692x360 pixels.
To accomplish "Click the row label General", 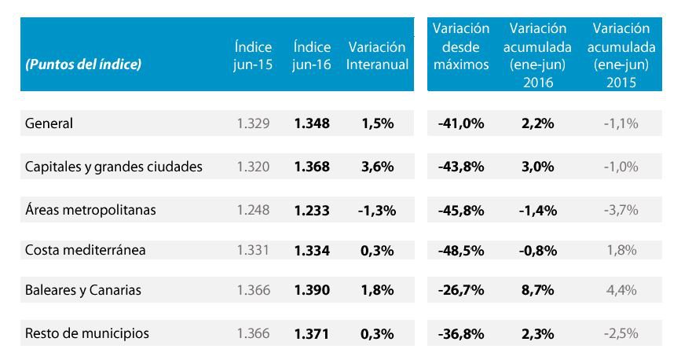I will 49,123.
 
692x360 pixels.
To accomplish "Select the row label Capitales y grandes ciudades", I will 114,167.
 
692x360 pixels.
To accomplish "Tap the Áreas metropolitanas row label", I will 90,210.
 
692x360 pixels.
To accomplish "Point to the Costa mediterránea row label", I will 86,250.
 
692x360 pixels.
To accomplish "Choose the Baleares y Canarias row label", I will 83,290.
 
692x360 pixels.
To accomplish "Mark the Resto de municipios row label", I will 87,333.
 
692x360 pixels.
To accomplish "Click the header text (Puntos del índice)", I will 83,64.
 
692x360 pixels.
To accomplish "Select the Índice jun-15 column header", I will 253,56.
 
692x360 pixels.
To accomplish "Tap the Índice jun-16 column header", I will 311,56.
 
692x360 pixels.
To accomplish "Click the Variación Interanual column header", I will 377,56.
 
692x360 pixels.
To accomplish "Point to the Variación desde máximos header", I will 461,46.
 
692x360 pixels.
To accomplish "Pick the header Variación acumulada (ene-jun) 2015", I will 621,55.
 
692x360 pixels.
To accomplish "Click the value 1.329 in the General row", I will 253,123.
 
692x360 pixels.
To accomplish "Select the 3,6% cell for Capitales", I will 377,167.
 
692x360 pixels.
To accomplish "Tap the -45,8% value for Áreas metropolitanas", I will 461,210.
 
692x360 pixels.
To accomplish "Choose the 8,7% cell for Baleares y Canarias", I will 537,290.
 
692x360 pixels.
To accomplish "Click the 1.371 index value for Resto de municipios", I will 311,333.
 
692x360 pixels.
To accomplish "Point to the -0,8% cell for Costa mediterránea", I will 537,250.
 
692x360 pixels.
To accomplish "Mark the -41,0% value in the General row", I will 461,123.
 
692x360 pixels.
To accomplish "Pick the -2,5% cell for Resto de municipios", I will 621,333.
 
